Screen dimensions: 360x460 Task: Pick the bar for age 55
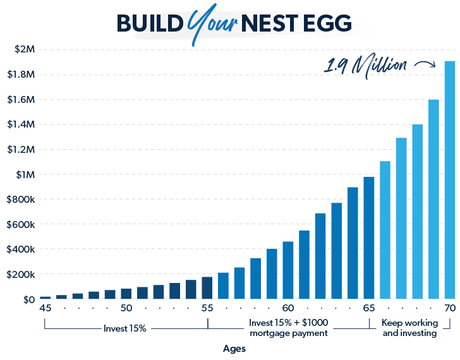207,288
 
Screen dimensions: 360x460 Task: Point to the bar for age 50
126,294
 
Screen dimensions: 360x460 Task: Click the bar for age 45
45,297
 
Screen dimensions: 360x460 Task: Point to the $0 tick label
28,299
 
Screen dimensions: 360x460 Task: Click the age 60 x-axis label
288,308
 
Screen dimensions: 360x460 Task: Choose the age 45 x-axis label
45,308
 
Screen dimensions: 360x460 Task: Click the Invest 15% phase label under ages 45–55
125,328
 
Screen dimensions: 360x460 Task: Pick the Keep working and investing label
409,328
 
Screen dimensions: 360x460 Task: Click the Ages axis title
234,349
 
